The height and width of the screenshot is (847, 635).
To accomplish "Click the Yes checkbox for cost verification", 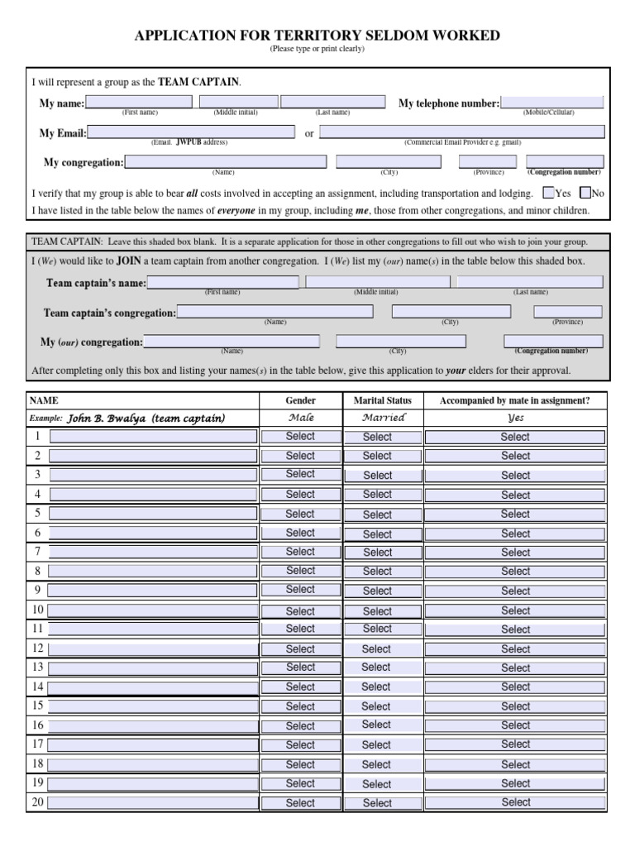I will point(548,194).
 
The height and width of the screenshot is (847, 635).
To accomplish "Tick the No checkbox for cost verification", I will point(585,194).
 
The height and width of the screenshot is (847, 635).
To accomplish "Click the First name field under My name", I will point(139,102).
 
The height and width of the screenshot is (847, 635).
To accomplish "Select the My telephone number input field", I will point(551,103).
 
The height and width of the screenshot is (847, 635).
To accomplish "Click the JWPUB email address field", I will point(190,132).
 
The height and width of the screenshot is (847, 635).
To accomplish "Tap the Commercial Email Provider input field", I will point(461,132).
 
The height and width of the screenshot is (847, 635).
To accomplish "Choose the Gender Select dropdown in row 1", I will point(300,436).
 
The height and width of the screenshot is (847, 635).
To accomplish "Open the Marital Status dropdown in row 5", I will point(377,514).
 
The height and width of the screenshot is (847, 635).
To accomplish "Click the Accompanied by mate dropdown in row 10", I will point(515,610).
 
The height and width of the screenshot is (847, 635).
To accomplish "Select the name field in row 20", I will point(153,802).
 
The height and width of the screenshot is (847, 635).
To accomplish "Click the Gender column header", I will point(300,400).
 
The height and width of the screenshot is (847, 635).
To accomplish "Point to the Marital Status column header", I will point(382,400).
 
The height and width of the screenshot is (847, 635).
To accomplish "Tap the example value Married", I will point(384,418).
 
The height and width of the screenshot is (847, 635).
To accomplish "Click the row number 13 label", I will point(37,667).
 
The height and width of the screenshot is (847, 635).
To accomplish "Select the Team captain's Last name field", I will point(530,282).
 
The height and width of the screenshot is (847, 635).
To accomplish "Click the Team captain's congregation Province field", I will point(567,312).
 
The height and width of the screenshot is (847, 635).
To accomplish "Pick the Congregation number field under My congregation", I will point(564,161).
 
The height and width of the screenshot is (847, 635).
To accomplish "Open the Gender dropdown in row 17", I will point(300,744).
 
